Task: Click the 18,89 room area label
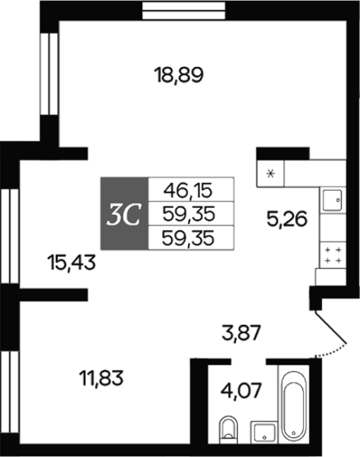(179, 75)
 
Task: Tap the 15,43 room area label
(71, 262)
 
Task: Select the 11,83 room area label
(101, 378)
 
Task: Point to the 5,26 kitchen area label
(287, 219)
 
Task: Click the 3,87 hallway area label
(241, 333)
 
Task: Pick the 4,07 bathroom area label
(241, 390)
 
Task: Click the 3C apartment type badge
(125, 213)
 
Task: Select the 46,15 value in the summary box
(188, 191)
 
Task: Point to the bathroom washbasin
(264, 432)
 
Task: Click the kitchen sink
(332, 200)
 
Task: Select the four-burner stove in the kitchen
(333, 255)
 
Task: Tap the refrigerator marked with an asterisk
(270, 173)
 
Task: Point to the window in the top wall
(184, 11)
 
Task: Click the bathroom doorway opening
(249, 362)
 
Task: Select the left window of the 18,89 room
(49, 74)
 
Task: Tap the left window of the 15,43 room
(10, 236)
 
